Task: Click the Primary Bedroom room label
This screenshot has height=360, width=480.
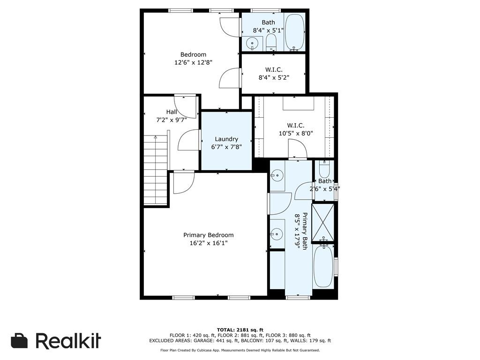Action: click(x=208, y=235)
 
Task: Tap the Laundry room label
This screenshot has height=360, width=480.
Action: click(x=226, y=139)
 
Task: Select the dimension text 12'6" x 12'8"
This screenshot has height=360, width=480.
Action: click(x=193, y=62)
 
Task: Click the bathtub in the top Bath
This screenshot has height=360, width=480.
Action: click(x=295, y=32)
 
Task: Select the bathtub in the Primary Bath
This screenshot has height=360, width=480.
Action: click(x=323, y=266)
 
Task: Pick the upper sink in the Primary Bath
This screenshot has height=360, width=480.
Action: click(x=277, y=176)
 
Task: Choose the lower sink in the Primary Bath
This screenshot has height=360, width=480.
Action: click(x=277, y=233)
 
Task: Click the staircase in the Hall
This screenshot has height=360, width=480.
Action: click(x=156, y=170)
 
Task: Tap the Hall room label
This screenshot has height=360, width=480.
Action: click(x=172, y=112)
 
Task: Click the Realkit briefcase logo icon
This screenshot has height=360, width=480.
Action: click(x=19, y=341)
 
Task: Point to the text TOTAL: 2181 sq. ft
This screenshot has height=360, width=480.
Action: click(x=240, y=330)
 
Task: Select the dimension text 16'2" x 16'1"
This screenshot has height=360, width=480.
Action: click(x=208, y=243)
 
